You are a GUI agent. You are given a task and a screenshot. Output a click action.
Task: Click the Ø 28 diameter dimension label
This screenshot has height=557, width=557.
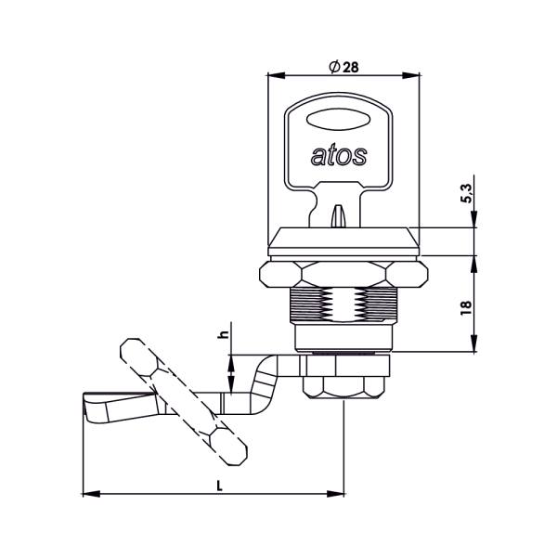click(343, 67)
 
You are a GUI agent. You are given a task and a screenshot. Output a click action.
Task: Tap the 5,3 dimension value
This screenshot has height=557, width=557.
click(467, 194)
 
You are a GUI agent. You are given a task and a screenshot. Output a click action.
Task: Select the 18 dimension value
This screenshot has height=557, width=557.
click(466, 307)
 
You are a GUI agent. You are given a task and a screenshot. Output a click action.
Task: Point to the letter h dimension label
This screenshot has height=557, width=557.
click(224, 334)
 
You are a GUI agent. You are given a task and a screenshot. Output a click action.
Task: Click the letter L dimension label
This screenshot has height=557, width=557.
click(219, 486)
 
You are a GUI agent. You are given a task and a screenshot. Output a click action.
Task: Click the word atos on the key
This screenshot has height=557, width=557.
click(339, 156)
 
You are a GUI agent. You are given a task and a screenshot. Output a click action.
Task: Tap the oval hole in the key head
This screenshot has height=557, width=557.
click(338, 119)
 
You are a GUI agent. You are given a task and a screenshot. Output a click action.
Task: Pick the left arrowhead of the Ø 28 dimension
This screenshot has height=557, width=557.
click(277, 75)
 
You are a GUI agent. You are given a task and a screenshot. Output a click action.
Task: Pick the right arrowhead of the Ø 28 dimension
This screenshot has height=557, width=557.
click(410, 75)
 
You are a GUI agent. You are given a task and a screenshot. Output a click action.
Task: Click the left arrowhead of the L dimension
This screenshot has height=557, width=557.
click(91, 494)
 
